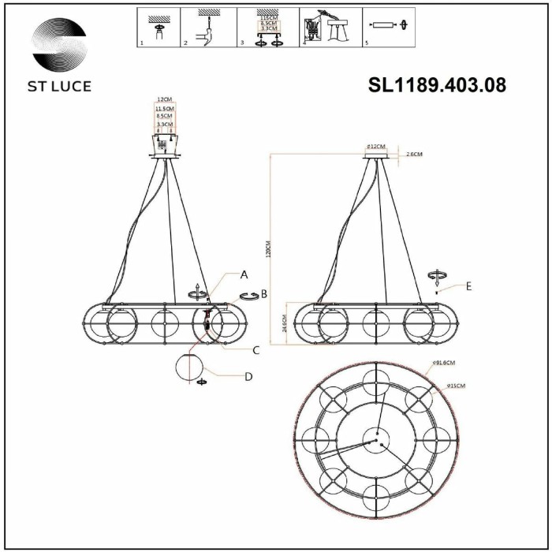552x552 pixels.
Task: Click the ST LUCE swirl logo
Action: (x=60, y=46)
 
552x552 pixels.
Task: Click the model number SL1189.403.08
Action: (x=437, y=84)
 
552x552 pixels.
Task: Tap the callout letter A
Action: (x=244, y=274)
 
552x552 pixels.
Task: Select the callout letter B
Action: (x=264, y=294)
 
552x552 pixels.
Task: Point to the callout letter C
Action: (x=256, y=349)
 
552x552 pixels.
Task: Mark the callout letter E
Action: (x=468, y=286)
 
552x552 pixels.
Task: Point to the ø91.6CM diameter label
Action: (x=445, y=364)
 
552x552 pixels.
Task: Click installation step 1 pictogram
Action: (x=159, y=28)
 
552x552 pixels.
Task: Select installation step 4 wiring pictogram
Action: (x=330, y=28)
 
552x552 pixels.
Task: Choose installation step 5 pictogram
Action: (x=391, y=28)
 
